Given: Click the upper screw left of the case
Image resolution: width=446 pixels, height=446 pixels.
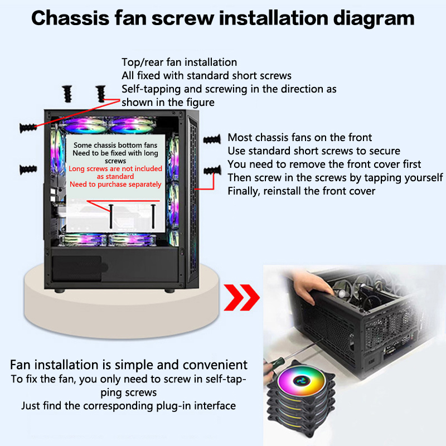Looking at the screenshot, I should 28,127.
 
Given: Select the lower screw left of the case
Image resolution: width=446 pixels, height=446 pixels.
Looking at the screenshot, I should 28,168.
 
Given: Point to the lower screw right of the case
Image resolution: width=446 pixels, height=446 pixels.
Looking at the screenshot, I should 213,169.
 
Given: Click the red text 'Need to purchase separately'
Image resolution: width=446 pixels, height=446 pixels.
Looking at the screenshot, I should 115,185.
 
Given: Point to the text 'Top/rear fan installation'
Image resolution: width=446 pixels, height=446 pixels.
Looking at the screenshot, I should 179,62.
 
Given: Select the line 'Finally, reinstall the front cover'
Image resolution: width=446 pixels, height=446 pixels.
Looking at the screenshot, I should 301,191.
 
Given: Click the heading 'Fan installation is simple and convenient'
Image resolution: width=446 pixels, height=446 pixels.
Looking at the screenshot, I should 129,365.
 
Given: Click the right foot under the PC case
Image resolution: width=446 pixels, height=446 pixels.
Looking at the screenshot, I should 167,290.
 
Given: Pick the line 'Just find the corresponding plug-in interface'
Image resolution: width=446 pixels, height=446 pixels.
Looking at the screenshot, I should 128,405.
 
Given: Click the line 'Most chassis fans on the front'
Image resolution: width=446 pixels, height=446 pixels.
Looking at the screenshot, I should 299,137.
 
